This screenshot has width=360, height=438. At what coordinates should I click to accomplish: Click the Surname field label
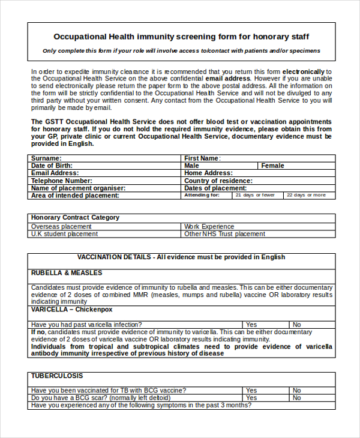pyautogui.click(x=46, y=158)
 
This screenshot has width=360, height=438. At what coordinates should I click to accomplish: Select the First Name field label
pyautogui.click(x=202, y=158)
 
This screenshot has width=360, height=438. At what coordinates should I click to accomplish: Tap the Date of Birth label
pyautogui.click(x=52, y=166)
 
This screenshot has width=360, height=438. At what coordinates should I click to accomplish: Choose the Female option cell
pyautogui.click(x=272, y=166)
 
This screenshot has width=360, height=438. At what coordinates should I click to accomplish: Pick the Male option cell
pyautogui.click(x=192, y=166)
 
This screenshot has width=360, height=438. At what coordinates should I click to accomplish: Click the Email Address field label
pyautogui.click(x=55, y=173)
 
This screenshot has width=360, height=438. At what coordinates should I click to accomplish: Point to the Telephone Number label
pyautogui.click(x=61, y=181)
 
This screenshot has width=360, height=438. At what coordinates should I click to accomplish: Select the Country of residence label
pyautogui.click(x=218, y=181)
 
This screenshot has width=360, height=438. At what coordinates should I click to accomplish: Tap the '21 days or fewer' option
pyautogui.click(x=255, y=195)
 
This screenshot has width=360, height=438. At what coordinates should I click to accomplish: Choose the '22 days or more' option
pyautogui.click(x=306, y=195)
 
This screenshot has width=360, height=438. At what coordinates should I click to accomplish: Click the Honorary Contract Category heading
pyautogui.click(x=75, y=217)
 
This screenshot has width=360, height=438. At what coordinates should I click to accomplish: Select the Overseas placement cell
pyautogui.click(x=61, y=227)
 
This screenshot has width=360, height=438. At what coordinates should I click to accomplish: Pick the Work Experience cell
pyautogui.click(x=209, y=227)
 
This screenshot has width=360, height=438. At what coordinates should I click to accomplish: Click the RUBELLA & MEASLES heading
pyautogui.click(x=67, y=272)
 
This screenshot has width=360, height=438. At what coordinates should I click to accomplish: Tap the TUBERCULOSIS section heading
pyautogui.click(x=58, y=376)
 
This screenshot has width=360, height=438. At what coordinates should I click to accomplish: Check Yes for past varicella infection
pyautogui.click(x=251, y=325)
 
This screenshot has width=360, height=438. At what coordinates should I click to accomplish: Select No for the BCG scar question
pyautogui.click(x=296, y=398)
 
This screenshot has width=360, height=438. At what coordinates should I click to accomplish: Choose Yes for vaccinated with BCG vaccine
pyautogui.click(x=251, y=390)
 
